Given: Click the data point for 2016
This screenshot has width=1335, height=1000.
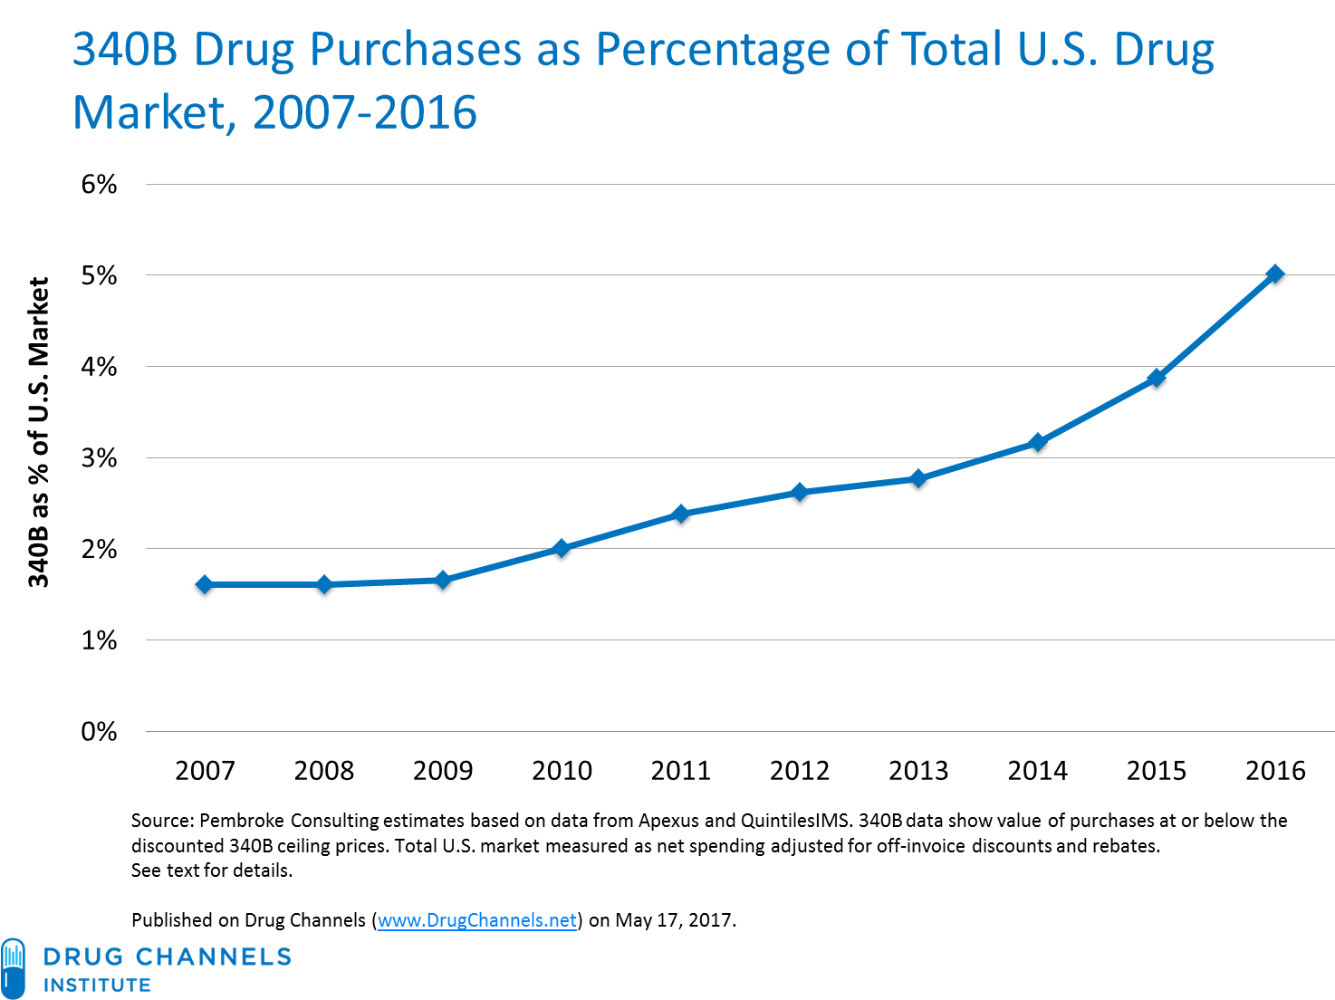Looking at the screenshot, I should click(1274, 276).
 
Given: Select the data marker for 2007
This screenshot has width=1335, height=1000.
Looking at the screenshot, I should click(205, 586).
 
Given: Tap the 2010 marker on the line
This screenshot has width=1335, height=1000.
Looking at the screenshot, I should click(562, 550).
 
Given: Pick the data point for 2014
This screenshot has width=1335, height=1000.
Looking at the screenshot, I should click(1037, 444).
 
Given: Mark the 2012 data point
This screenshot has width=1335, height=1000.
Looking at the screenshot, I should click(799, 494).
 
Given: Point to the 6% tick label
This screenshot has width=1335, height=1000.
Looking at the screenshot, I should click(99, 185).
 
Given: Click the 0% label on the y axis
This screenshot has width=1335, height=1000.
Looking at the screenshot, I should click(99, 732).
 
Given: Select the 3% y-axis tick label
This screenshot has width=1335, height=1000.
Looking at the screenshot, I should click(99, 458).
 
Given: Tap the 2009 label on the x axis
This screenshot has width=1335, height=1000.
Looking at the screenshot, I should click(443, 771).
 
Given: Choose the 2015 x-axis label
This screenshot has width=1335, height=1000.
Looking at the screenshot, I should click(1156, 771).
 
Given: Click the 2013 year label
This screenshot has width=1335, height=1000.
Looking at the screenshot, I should click(918, 771).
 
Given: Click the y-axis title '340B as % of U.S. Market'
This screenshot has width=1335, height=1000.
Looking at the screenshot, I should click(38, 433).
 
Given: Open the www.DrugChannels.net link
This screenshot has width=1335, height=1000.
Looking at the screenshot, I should click(476, 920).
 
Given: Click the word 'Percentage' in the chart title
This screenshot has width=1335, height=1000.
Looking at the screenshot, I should click(712, 50).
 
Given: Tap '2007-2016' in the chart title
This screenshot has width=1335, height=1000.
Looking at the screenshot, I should click(364, 113).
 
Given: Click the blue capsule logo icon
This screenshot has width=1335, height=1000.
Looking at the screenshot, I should click(13, 968).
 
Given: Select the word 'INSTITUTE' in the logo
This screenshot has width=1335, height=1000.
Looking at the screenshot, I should click(97, 985).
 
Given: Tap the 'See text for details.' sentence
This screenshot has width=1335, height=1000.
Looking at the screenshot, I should click(212, 870).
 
